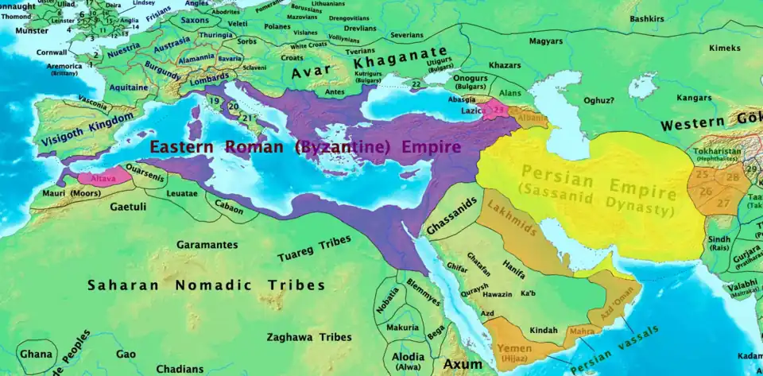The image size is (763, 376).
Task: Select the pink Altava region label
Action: [x=103, y=182]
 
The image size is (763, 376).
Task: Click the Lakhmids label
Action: [x=514, y=227]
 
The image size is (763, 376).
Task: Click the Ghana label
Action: [x=36, y=354]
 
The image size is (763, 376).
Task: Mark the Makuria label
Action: [x=402, y=328]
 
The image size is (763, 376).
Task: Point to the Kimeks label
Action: [x=724, y=48]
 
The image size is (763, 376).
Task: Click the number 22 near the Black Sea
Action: [x=416, y=83]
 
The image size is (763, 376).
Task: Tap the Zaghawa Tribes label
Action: [x=309, y=337]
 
